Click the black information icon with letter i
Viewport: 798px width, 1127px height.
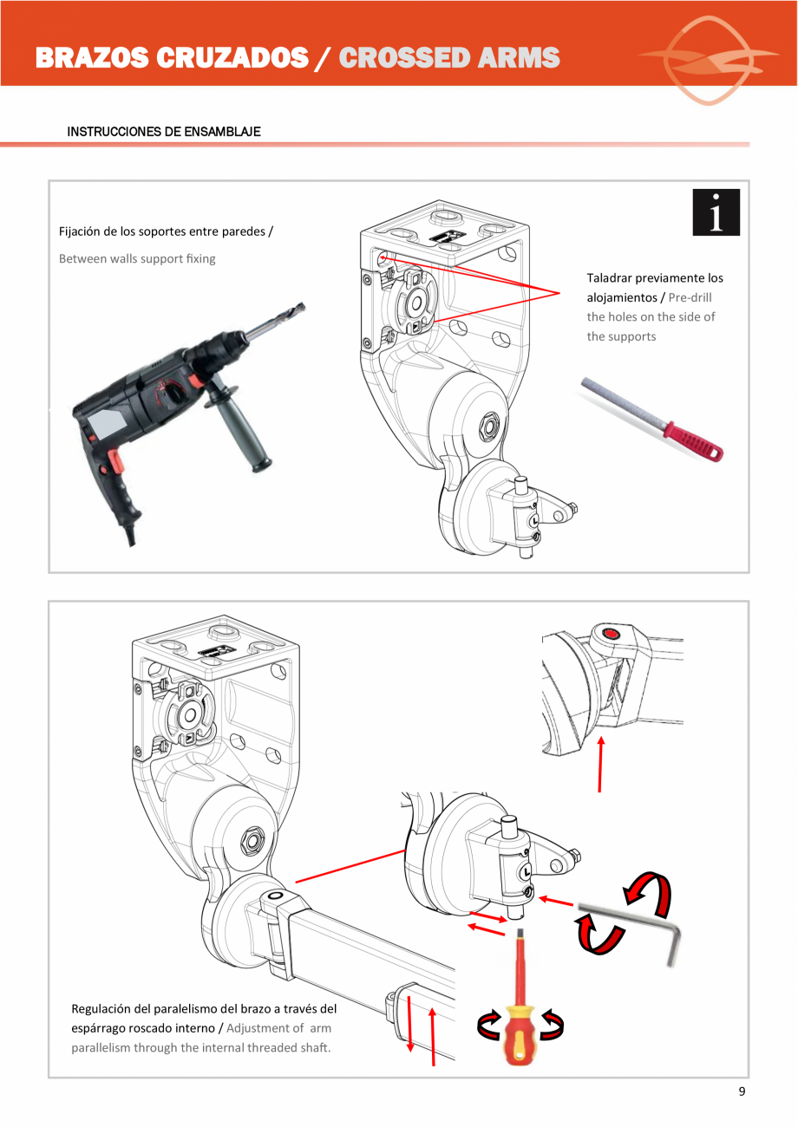coord(716,212)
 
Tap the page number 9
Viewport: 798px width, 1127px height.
coord(742,1091)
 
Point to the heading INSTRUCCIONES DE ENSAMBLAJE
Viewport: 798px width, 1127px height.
coord(164,132)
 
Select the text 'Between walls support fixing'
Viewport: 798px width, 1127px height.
coord(137,258)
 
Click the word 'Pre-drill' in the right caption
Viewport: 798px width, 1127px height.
coord(690,297)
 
